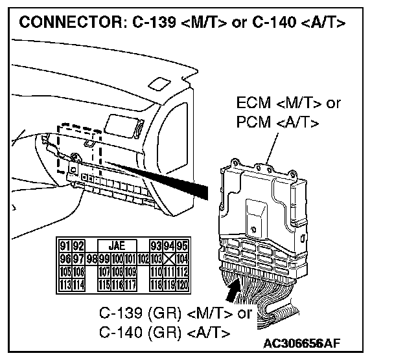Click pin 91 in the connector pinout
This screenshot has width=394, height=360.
[64, 245]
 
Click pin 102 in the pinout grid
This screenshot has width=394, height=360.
[143, 258]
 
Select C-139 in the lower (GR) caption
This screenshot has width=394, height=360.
[122, 313]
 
